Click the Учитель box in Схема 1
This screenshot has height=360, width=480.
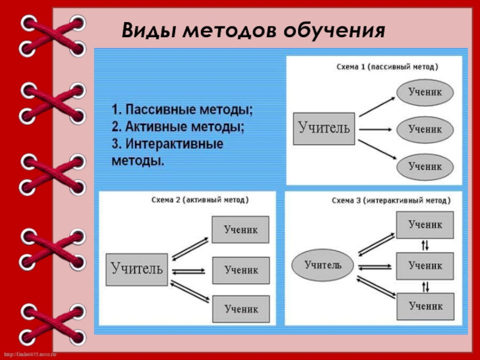[324, 128]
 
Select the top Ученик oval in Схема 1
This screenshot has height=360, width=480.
[425, 92]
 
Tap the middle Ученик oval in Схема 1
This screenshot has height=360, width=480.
[425, 128]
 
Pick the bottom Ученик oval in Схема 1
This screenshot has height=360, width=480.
[425, 166]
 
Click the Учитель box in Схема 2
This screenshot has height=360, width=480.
[137, 269]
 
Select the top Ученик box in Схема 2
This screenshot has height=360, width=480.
[241, 229]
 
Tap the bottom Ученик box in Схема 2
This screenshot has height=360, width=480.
[241, 309]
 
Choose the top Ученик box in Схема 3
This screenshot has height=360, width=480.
[425, 224]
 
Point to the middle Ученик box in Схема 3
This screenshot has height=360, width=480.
[425, 265]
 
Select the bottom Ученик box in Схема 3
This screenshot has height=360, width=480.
[425, 305]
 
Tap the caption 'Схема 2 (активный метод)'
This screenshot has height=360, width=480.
[199, 200]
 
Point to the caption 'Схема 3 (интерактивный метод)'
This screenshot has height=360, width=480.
[389, 200]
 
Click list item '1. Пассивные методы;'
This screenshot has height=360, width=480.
[182, 110]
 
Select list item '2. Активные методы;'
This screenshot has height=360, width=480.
[178, 127]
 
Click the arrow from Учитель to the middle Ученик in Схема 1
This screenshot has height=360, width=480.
[375, 128]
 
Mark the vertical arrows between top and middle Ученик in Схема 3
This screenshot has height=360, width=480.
[425, 245]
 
